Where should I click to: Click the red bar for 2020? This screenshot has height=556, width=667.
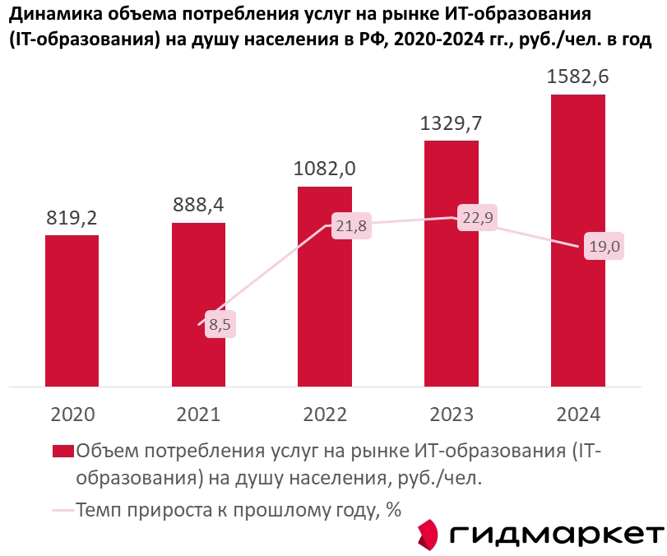coord(72,310)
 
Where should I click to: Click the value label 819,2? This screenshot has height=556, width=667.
coord(72,218)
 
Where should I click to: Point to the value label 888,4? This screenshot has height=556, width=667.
coord(198,206)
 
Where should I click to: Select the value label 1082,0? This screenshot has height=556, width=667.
coord(325,169)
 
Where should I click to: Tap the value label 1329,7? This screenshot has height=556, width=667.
coord(452,123)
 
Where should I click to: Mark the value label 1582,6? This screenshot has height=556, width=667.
coord(577,77)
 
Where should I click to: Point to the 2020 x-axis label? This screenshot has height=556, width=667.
coord(72,414)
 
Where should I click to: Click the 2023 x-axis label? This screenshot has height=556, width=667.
coord(452,414)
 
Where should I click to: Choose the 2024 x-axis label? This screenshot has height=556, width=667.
coord(577,414)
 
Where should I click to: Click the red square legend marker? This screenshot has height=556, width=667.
coord(63,451)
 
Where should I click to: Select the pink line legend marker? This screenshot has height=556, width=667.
coord(63,510)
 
